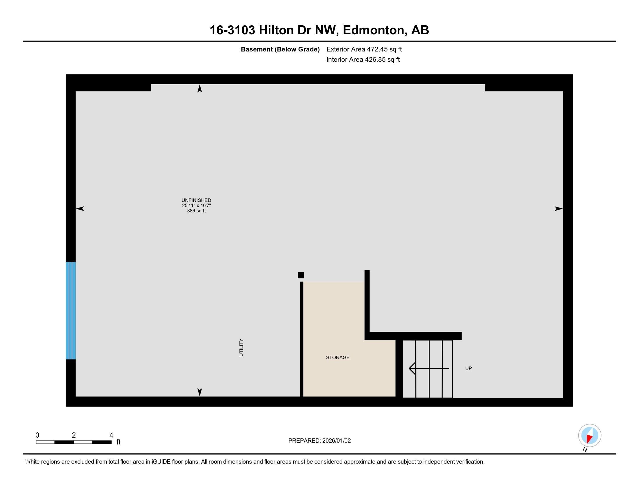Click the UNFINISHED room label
click(x=196, y=201)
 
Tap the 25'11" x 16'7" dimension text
click(x=196, y=205)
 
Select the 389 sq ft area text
click(x=196, y=211)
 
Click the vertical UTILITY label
click(x=241, y=348)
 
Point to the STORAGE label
click(x=338, y=357)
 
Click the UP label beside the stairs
click(x=469, y=368)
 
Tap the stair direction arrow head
click(x=412, y=368)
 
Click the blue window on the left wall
click(x=71, y=311)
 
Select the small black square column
click(x=301, y=275)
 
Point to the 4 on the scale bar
click(x=111, y=435)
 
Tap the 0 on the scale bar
click(x=37, y=435)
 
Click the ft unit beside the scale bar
click(x=119, y=442)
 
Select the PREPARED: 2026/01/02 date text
click(x=319, y=441)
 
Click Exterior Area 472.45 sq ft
click(x=364, y=49)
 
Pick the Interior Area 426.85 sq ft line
click(x=363, y=59)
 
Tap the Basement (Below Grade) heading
click(x=280, y=49)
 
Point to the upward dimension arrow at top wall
click(x=200, y=88)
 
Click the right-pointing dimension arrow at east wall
click(x=559, y=209)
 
